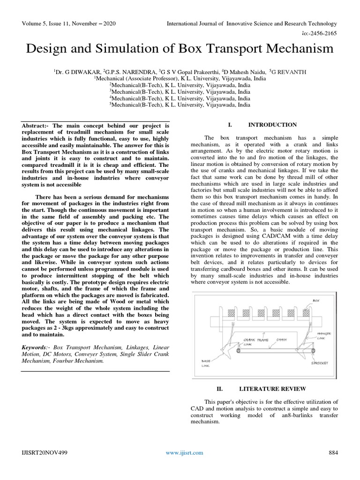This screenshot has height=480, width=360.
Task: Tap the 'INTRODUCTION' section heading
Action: [x=272, y=125]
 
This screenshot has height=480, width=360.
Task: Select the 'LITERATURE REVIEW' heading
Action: [x=272, y=389]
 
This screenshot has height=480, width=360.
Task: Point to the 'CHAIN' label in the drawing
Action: [x=282, y=339]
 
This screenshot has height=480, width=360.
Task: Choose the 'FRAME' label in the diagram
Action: [x=262, y=339]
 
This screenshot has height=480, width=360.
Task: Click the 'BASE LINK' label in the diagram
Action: [x=206, y=363]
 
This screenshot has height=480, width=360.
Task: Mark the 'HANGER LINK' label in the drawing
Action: [x=324, y=336]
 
